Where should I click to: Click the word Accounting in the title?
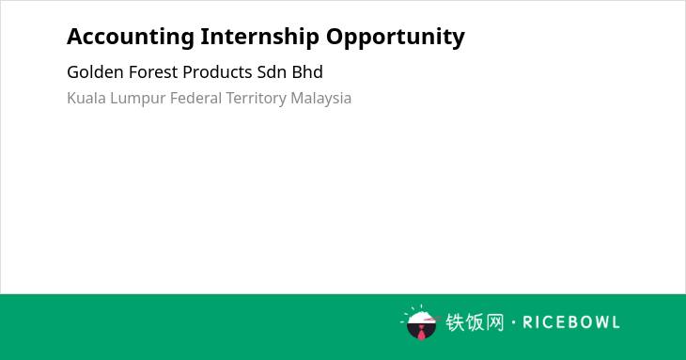tap(131, 38)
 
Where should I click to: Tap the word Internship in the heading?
tap(260, 38)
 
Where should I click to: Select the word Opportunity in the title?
tap(396, 38)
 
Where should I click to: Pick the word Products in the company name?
tap(217, 72)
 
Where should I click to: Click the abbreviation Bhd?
tap(307, 72)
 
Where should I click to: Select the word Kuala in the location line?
tap(86, 98)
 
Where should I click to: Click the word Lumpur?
tap(138, 99)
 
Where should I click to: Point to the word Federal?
tap(196, 98)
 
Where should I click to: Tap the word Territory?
tap(256, 99)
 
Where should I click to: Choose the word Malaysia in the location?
tap(320, 99)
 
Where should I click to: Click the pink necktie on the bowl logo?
tap(421, 333)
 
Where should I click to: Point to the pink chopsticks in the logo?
tap(432, 319)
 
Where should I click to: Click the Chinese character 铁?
tap(455, 322)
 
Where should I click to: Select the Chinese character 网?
tap(494, 322)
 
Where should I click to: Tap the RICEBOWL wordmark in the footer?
tap(571, 322)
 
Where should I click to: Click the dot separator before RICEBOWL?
tap(513, 322)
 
